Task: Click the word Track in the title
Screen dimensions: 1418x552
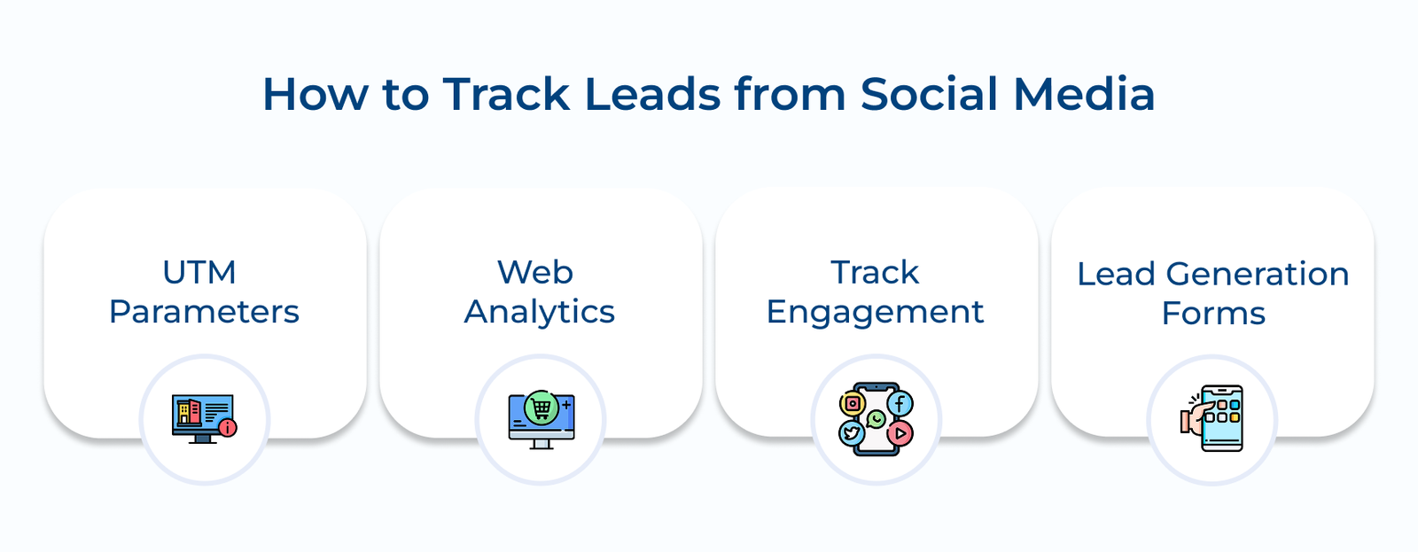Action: (x=506, y=94)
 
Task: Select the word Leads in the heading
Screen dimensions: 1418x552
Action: (x=652, y=94)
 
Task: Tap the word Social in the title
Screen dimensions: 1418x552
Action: (x=930, y=94)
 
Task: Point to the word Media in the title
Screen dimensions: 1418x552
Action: (x=1084, y=94)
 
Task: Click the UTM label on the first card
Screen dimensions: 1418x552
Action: (x=199, y=272)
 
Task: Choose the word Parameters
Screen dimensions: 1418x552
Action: (x=204, y=312)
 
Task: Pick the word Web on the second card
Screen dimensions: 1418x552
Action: (x=535, y=272)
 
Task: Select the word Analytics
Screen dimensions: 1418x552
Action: (x=540, y=312)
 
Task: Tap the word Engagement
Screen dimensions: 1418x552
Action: (x=875, y=312)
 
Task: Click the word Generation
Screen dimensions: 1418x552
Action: (x=1258, y=274)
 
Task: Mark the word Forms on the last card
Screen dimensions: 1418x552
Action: (x=1213, y=314)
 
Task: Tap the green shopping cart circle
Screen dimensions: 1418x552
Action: (x=541, y=408)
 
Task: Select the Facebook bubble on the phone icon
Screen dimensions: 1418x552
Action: (x=900, y=403)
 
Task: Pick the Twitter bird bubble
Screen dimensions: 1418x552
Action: (x=852, y=433)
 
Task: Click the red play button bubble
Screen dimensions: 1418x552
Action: (x=900, y=433)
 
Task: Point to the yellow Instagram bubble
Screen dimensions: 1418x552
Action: (x=852, y=403)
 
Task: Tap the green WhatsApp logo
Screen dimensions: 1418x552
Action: (x=877, y=419)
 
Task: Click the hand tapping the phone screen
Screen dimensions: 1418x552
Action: (x=1196, y=418)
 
